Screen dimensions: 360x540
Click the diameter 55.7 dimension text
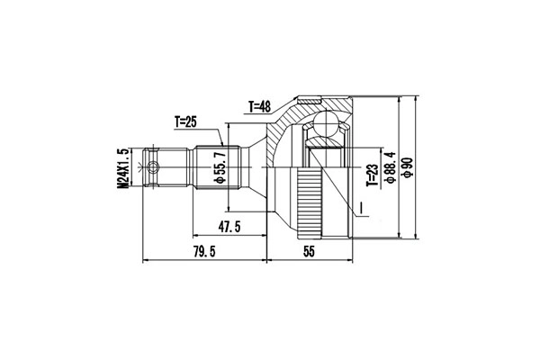[x=218, y=167]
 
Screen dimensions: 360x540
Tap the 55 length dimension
[x=308, y=253]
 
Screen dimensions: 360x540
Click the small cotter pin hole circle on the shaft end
[x=154, y=166]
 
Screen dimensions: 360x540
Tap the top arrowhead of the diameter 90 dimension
[x=417, y=94]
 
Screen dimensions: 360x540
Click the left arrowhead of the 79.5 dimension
[x=146, y=263]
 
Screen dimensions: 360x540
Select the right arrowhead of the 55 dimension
[x=348, y=263]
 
